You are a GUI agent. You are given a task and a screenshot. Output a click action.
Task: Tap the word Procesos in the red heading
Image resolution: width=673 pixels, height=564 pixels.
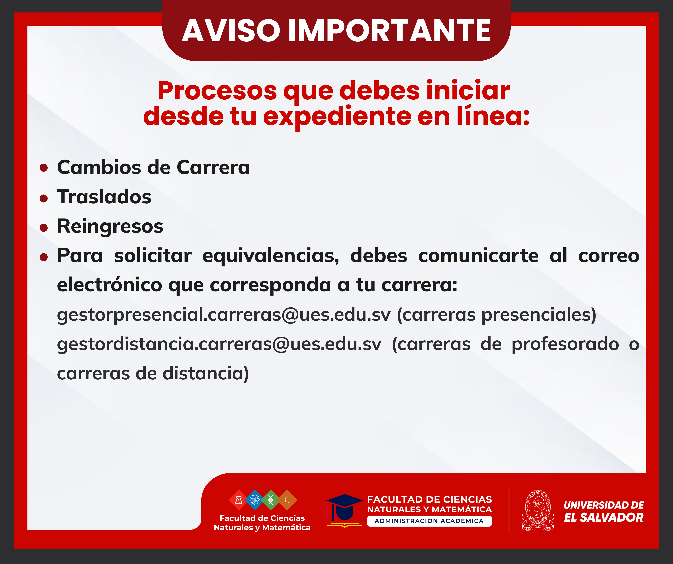(217, 91)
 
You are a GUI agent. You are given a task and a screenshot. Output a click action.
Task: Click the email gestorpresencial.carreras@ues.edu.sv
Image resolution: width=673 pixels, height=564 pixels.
(224, 315)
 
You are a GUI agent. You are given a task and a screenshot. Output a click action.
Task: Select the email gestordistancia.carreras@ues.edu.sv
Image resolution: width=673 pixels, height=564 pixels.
(219, 344)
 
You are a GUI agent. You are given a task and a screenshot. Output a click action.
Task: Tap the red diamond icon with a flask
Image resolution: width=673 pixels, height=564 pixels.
(238, 500)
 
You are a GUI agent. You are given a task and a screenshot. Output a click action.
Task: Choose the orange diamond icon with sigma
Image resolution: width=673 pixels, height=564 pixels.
(287, 500)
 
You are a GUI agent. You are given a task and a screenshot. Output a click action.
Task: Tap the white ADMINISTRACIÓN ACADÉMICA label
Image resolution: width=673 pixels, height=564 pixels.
(429, 521)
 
